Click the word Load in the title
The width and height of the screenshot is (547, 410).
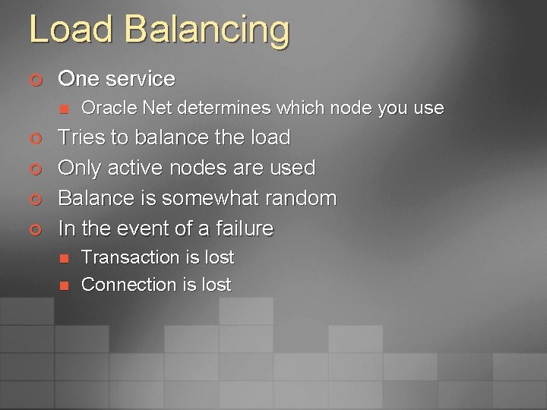tap(70, 29)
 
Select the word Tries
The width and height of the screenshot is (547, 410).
tap(82, 137)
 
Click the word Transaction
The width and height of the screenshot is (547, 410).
tap(125, 257)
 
